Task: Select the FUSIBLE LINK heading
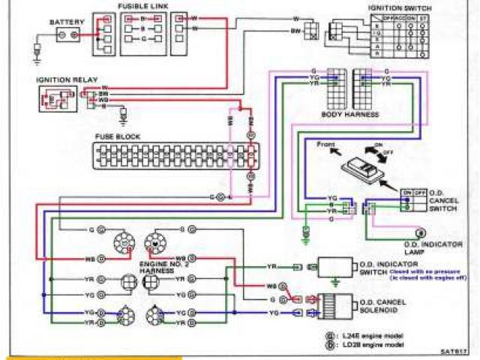[x=141, y=6]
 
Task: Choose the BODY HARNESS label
[x=351, y=115]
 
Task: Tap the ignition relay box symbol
[x=56, y=97]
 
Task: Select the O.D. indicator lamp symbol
[x=421, y=232]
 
